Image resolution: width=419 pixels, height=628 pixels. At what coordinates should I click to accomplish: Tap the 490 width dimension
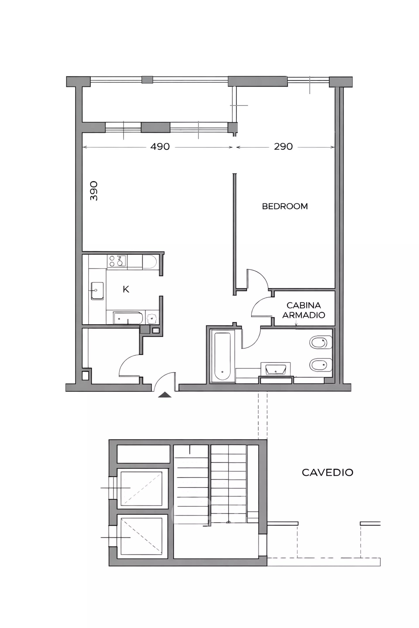pos(160,147)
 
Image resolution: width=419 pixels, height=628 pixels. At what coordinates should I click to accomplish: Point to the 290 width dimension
pos(283,147)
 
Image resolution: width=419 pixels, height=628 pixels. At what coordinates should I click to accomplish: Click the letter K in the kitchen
pos(126,289)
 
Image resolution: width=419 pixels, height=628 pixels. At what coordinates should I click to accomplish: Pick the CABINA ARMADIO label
pos(304,310)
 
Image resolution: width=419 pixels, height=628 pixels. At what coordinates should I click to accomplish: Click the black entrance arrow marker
pos(165,395)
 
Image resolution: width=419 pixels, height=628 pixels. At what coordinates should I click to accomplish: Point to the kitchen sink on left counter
pos(97,291)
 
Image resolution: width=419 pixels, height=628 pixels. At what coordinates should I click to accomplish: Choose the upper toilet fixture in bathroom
pos(321,342)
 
